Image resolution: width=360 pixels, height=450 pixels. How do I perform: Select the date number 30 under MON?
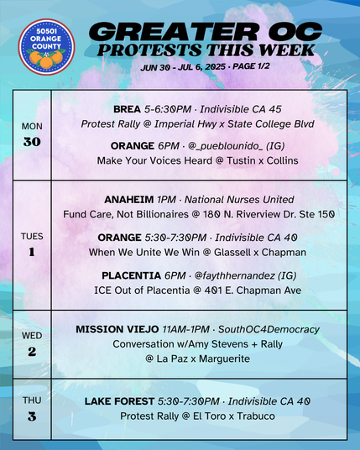point(31,141)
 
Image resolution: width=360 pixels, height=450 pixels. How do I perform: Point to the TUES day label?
point(32,237)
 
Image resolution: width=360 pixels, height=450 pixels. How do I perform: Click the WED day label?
point(32,336)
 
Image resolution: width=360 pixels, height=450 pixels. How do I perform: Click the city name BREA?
point(128,109)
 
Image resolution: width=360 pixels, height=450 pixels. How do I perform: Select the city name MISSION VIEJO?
point(116,328)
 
